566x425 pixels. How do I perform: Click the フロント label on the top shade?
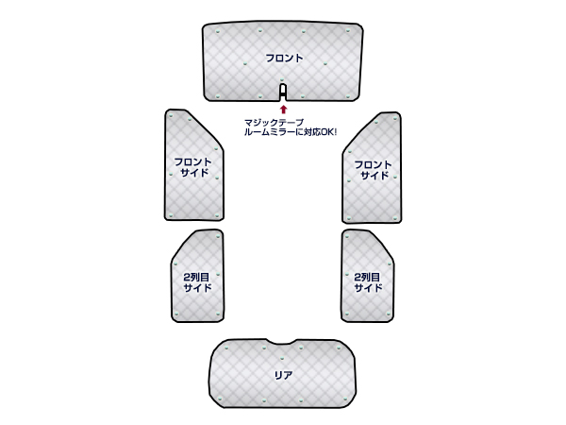tap(284, 59)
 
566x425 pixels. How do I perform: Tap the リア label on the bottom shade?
tap(283, 375)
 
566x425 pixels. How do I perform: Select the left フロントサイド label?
tap(193, 168)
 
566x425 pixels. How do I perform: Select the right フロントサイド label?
tap(373, 170)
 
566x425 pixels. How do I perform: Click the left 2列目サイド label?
tap(197, 281)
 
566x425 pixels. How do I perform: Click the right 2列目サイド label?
tap(367, 281)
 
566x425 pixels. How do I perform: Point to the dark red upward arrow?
tap(283, 110)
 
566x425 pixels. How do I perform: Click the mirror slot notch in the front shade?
tap(283, 92)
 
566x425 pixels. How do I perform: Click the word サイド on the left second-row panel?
tap(197, 288)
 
